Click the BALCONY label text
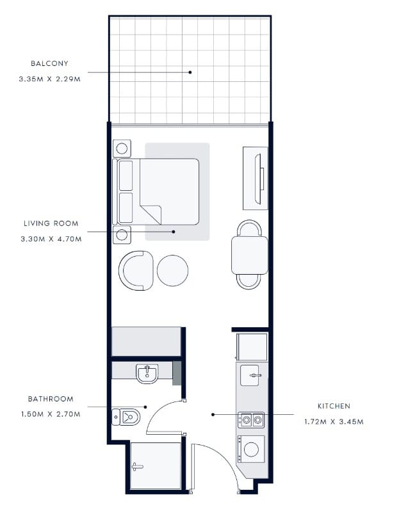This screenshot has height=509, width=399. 49,63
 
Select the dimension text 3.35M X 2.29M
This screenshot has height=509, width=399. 50,79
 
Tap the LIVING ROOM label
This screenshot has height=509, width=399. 51,223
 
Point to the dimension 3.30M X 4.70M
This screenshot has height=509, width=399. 51,239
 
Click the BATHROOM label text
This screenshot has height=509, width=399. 51,399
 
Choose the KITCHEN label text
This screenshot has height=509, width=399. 334,406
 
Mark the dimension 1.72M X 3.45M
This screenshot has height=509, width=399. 334,422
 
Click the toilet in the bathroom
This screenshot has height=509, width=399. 126,417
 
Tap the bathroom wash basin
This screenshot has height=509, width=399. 147,374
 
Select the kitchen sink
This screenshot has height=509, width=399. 250,376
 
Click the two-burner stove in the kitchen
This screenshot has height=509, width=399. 251,420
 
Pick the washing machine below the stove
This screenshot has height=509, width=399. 251,449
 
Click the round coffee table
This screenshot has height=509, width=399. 173,270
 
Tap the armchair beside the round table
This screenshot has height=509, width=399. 136,270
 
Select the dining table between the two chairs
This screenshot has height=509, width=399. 250,255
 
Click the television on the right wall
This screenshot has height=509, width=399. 259,179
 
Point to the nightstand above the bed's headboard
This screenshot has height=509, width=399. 122,149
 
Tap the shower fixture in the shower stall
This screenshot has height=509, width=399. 138,467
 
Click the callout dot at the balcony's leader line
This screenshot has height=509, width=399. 190,72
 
